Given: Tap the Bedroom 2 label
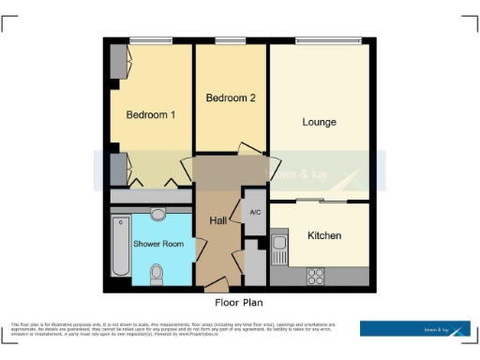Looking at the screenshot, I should [x=231, y=97].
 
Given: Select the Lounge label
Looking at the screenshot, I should [x=319, y=122].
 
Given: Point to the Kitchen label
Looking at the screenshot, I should [x=324, y=235].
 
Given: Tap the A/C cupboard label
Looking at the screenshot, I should [x=254, y=213].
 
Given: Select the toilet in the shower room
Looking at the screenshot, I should [x=157, y=273].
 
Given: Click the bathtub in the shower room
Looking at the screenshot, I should [x=119, y=247].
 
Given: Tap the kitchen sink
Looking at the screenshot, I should [x=280, y=248].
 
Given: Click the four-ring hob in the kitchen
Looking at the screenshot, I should [x=316, y=276].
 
